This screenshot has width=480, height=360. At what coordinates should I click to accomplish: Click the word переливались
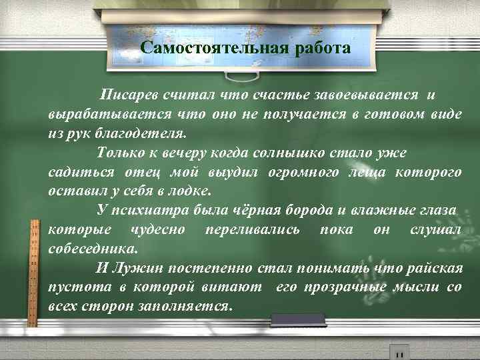pos(246,229)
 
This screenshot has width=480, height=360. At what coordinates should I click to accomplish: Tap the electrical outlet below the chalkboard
pos(399,351)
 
